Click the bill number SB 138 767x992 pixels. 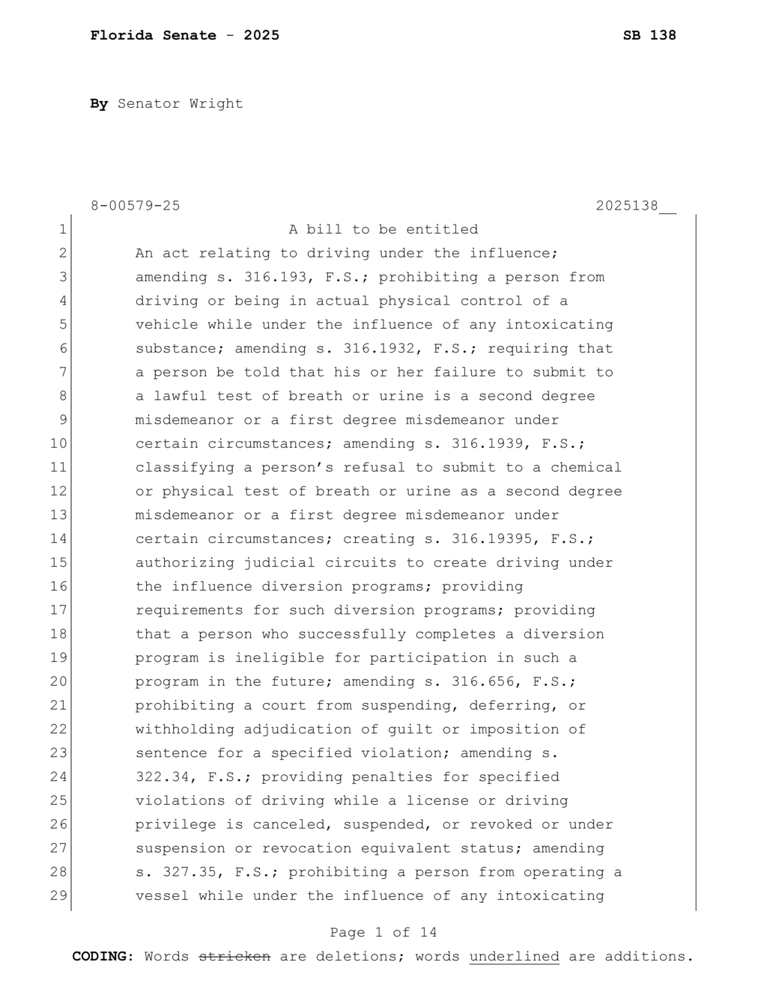pyautogui.click(x=649, y=35)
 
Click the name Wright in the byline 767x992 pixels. pyautogui.click(x=216, y=103)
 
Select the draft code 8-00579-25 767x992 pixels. pyautogui.click(x=135, y=206)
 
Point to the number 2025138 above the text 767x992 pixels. pyautogui.click(x=627, y=206)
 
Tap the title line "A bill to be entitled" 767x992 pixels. pyautogui.click(x=383, y=230)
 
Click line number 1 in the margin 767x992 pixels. pyautogui.click(x=63, y=230)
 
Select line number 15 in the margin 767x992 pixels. pyautogui.click(x=59, y=563)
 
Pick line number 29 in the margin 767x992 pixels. pyautogui.click(x=59, y=896)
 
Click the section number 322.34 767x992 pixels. pyautogui.click(x=162, y=777)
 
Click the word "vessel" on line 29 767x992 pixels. pyautogui.click(x=162, y=896)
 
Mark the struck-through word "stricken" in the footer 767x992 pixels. pyautogui.click(x=234, y=957)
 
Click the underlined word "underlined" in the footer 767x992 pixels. pyautogui.click(x=514, y=957)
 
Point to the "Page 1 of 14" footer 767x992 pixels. pyautogui.click(x=383, y=933)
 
